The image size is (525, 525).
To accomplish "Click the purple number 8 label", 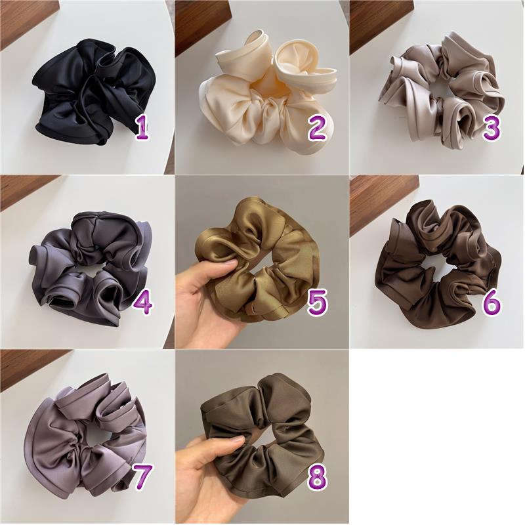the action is [x=318, y=478].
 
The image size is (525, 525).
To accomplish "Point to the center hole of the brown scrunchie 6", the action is [x=433, y=264].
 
